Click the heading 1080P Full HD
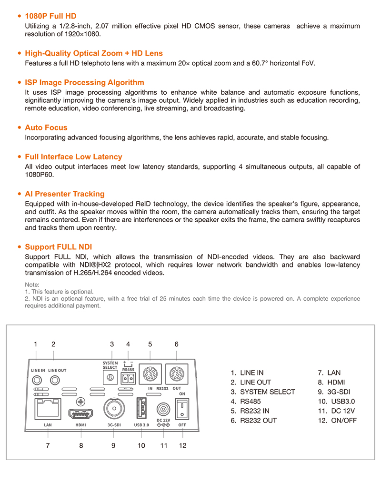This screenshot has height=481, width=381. (50, 16)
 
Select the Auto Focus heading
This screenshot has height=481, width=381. (46, 128)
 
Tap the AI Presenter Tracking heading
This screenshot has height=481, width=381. (65, 194)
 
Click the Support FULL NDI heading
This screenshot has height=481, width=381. (59, 247)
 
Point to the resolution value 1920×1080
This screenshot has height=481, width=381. (81, 34)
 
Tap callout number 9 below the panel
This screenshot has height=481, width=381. (113, 446)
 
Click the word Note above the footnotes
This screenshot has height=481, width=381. (32, 285)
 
